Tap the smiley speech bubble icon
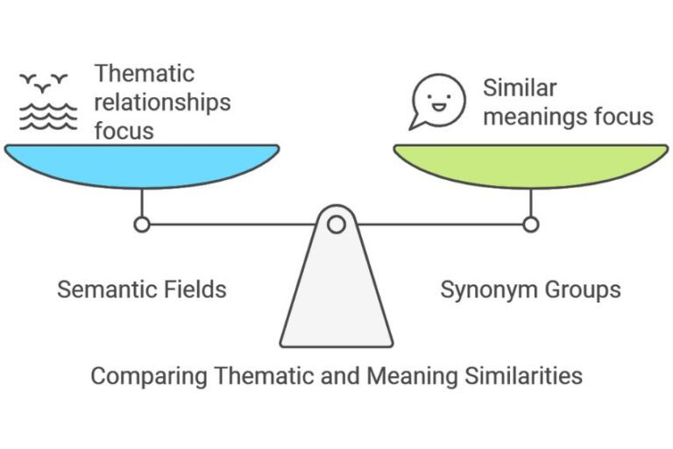(438, 100)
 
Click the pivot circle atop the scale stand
(336, 224)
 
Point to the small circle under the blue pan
(141, 224)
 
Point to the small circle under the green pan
(530, 224)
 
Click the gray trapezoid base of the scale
(336, 298)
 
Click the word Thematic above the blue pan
(145, 73)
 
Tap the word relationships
(162, 102)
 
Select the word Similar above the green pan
(520, 88)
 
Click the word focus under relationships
(124, 131)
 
